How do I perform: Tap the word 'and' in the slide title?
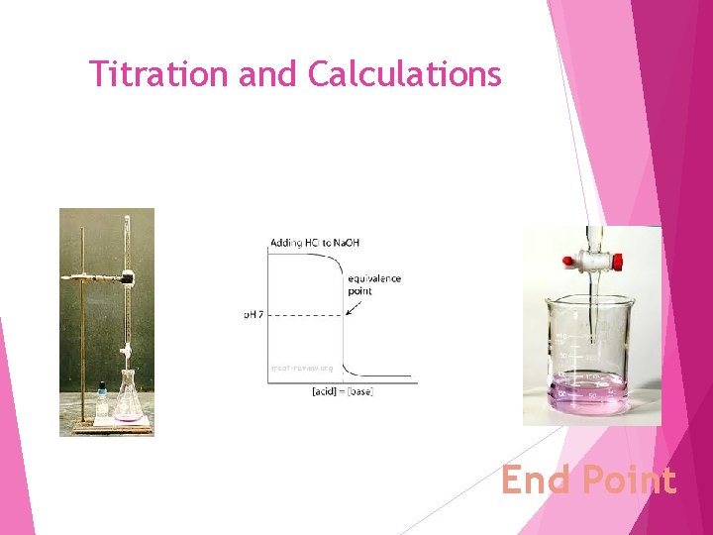[264, 73]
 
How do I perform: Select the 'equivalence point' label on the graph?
[373, 284]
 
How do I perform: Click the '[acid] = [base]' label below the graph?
[342, 392]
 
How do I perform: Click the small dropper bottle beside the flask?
[102, 400]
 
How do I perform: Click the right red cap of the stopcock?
[616, 262]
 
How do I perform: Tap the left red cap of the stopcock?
[569, 262]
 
